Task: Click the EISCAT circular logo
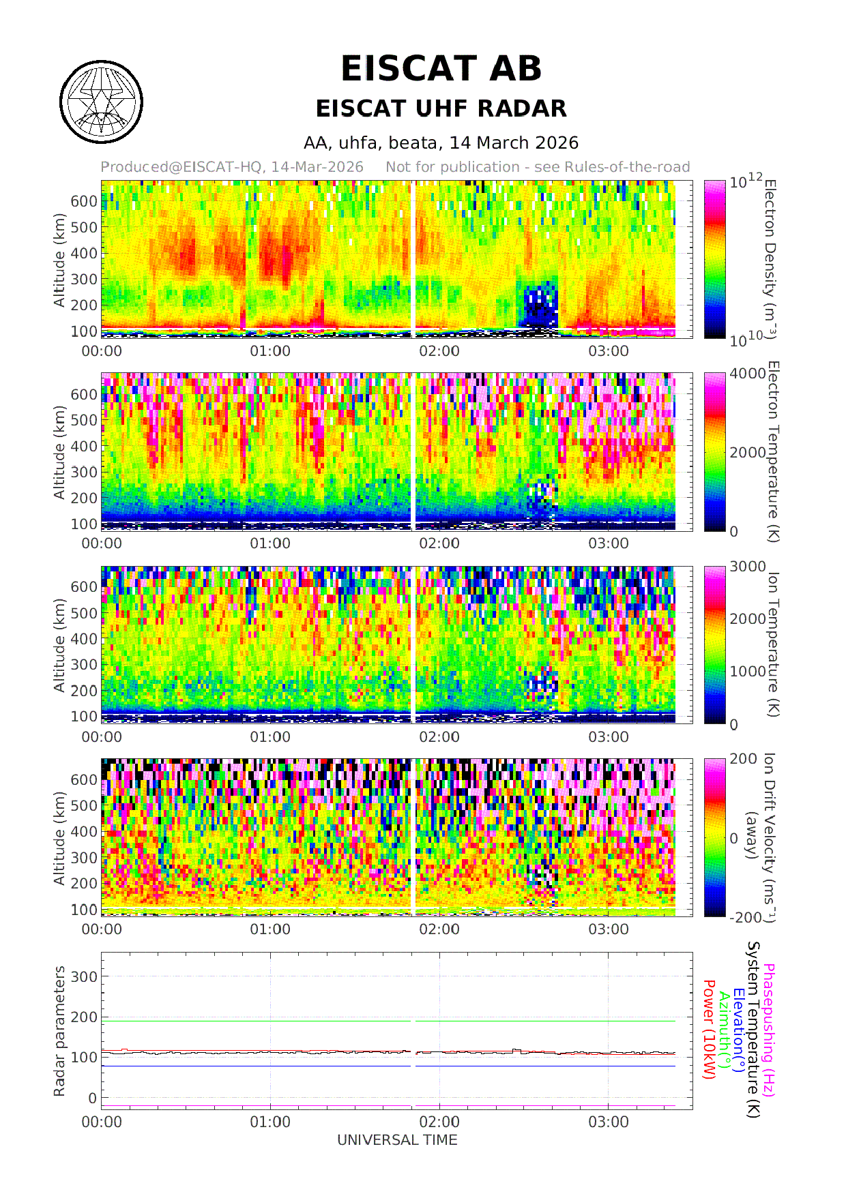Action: [x=101, y=102]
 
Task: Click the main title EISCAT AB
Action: [x=441, y=69]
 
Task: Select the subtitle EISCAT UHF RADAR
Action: [x=441, y=108]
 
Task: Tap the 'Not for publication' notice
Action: [x=538, y=167]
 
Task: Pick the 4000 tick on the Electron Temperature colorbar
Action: [x=748, y=374]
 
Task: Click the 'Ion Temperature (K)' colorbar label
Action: [x=771, y=644]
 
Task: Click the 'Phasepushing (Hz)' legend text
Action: [x=769, y=1030]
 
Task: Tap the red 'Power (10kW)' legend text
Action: [x=709, y=1030]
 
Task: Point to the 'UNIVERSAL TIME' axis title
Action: [x=397, y=1140]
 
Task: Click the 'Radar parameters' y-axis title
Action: [x=59, y=1030]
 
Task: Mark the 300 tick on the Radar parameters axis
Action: [x=85, y=976]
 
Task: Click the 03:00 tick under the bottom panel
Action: [x=608, y=1122]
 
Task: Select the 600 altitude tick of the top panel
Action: [x=85, y=201]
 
